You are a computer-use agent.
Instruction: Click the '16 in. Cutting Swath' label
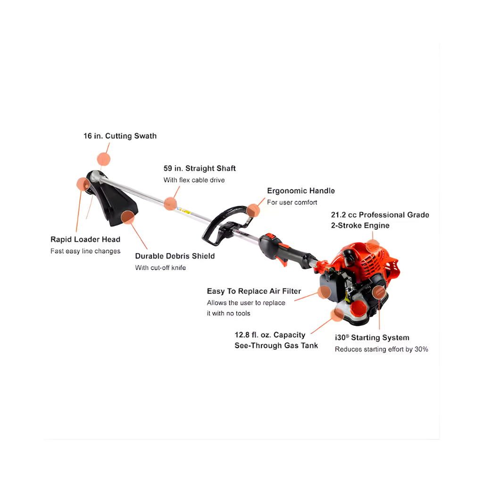point(120,136)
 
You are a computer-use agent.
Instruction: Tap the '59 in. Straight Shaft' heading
point(200,168)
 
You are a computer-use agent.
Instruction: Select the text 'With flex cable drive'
point(194,180)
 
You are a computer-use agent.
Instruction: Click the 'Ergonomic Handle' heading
point(301,191)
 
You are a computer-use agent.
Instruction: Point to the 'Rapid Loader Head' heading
point(85,239)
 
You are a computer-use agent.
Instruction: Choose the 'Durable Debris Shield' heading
point(175,256)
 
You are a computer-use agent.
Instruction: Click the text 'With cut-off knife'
point(160,268)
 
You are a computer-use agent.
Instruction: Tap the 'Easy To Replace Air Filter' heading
point(254,291)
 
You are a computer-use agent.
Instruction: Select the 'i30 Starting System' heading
point(372,338)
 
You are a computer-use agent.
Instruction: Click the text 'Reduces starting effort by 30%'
point(382,350)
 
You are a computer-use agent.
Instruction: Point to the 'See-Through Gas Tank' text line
point(276,346)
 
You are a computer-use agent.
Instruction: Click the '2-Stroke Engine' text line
point(360,225)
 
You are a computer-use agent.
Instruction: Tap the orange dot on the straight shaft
point(170,204)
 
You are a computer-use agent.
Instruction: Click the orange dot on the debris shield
point(128,217)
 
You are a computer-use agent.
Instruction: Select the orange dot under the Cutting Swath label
point(103,159)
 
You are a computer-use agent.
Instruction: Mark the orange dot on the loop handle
point(253,210)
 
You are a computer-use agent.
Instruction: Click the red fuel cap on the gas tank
point(358,308)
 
